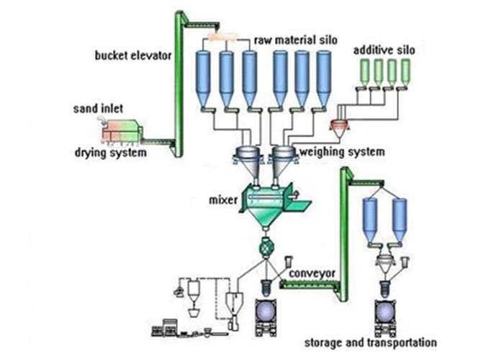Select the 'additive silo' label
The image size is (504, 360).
pyautogui.click(x=382, y=52)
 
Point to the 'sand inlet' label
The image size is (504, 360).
pyautogui.click(x=98, y=108)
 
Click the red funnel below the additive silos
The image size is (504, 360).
pyautogui.click(x=340, y=128)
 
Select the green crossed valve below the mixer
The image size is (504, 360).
pyautogui.click(x=264, y=246)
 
